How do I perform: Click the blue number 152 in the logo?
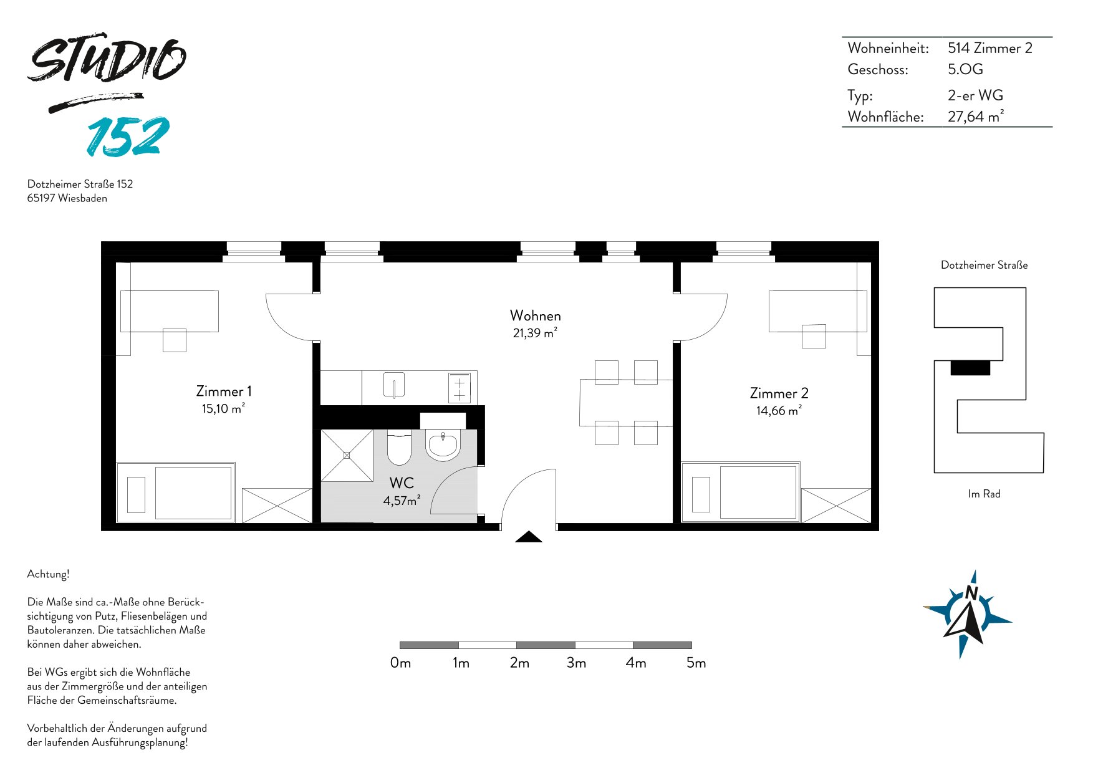tap(128, 136)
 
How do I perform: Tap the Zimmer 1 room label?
tap(224, 391)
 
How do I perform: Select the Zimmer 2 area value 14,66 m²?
tap(779, 411)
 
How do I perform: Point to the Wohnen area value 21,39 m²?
tap(535, 333)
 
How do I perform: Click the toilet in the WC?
tap(399, 447)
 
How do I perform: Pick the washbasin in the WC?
tap(443, 445)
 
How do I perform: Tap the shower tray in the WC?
tap(347, 455)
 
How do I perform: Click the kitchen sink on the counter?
tap(394, 385)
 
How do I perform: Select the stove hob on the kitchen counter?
tap(460, 388)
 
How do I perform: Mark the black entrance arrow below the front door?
tap(529, 537)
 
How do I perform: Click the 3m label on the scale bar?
tap(577, 663)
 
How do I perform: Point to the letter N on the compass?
tap(971, 593)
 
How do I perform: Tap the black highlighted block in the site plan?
tap(970, 368)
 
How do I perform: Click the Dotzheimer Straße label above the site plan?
tap(984, 265)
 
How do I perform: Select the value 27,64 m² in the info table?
tap(976, 117)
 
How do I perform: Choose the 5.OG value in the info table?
tap(965, 69)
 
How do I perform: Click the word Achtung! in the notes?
tap(48, 574)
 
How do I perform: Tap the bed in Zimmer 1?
tap(176, 492)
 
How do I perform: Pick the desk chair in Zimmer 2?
tap(814, 336)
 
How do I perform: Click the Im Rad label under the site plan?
tap(984, 494)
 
